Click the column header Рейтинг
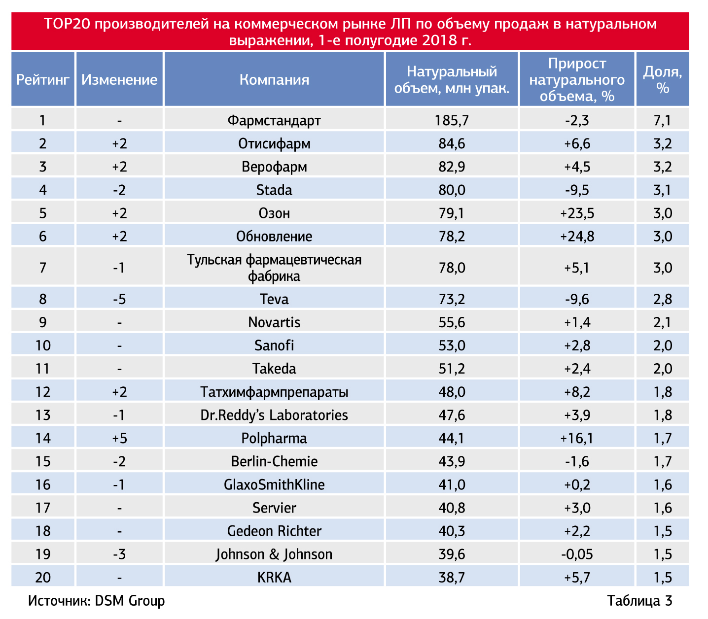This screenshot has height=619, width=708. point(43,79)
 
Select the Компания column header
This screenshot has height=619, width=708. point(274,79)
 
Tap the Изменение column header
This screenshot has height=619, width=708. point(119,79)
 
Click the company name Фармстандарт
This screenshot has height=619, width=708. point(274,120)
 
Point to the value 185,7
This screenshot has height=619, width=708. point(452,120)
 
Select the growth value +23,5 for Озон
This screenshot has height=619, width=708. point(577,213)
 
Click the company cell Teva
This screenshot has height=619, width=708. point(274,299)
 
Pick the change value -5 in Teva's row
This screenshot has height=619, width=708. point(119,299)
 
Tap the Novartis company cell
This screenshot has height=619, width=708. point(274,322)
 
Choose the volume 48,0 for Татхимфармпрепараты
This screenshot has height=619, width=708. point(452,392)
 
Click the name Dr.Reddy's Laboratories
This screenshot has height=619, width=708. point(274,415)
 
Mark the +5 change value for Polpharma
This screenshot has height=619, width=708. point(119,438)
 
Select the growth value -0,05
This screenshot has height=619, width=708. point(577,554)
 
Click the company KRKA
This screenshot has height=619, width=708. point(274,577)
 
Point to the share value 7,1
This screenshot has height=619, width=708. point(662,120)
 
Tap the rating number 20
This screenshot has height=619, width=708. point(43,577)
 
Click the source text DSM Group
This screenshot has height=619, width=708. point(130,601)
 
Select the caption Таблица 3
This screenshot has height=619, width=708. point(639,601)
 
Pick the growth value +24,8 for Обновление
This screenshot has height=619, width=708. point(577,236)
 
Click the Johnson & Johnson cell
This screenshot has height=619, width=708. point(274,554)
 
